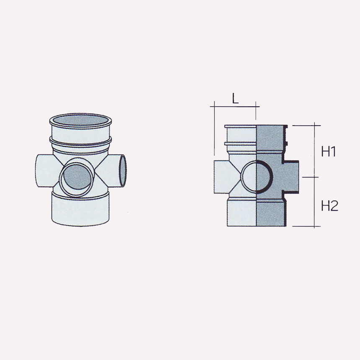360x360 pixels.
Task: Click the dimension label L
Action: tap(235, 99)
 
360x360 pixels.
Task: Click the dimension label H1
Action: tap(329, 152)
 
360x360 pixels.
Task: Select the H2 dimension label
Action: tap(329, 206)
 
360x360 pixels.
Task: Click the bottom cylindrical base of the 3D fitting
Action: tap(80, 210)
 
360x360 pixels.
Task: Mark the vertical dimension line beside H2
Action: tap(314, 202)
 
